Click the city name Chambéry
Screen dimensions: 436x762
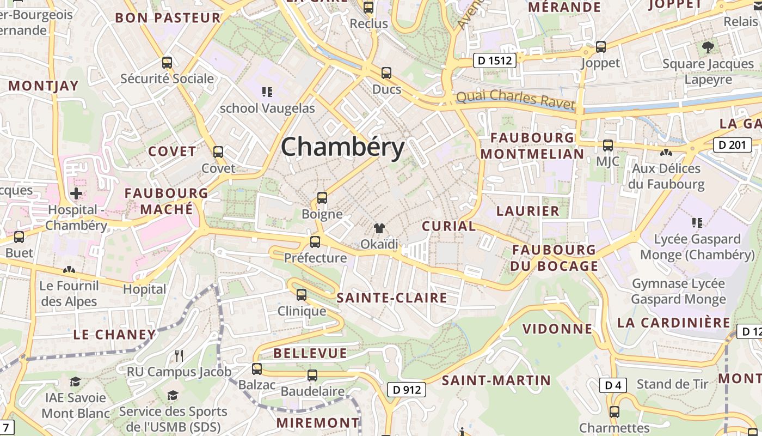(x=343, y=147)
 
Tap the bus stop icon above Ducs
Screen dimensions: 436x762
(x=386, y=72)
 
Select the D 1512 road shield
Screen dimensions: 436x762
(x=494, y=60)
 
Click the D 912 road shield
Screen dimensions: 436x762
(x=406, y=390)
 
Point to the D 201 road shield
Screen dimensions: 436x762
(x=732, y=145)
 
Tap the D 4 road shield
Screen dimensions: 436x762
(x=613, y=385)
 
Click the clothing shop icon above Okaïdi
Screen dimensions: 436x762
(x=379, y=228)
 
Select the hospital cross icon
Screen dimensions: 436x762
(x=76, y=193)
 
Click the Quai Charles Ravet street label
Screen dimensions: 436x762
(x=515, y=99)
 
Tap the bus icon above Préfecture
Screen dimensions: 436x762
(x=315, y=241)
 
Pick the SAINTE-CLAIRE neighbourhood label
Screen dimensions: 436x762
(x=392, y=298)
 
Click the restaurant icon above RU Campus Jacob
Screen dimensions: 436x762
(x=179, y=356)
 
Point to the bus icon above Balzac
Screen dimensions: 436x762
(x=257, y=369)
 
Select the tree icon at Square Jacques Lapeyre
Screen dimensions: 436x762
(x=708, y=47)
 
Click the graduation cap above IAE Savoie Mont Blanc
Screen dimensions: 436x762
(x=75, y=381)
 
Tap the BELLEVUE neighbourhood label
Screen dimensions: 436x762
(x=310, y=353)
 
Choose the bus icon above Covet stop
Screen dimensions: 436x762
(x=218, y=152)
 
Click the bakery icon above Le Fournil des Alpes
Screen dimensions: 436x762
(x=69, y=269)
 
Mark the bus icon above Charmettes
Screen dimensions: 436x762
(x=614, y=412)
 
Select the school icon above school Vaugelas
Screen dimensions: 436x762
(x=267, y=92)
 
